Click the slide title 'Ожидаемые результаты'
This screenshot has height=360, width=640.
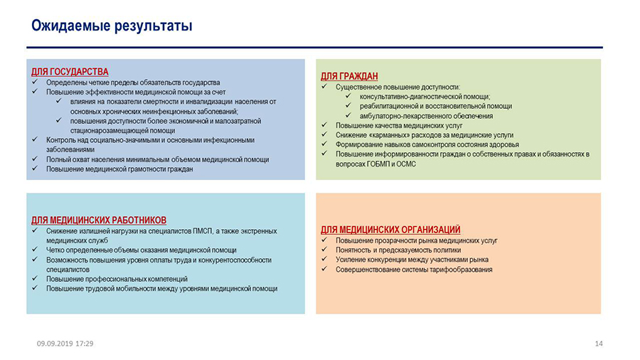[x=112, y=27]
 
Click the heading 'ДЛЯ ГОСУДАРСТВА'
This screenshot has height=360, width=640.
[x=70, y=72]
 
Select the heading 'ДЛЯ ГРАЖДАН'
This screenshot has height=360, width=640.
[x=349, y=76]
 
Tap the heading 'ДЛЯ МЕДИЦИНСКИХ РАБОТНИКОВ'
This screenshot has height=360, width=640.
[x=100, y=221]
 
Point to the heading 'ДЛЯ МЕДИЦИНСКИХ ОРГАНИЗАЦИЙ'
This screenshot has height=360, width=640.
[x=390, y=230]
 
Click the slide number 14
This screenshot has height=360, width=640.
[x=598, y=344]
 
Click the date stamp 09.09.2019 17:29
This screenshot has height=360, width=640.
[x=65, y=344]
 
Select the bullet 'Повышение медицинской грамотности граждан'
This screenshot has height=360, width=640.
[x=119, y=169]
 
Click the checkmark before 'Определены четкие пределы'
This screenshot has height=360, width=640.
[x=36, y=83]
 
